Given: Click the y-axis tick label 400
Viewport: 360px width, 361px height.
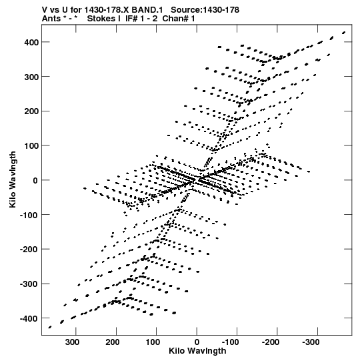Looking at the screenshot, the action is click(x=31, y=42).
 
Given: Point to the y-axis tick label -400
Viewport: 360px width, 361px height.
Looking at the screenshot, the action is click(x=29, y=319).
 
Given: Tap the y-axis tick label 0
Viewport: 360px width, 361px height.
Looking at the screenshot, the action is click(x=35, y=180).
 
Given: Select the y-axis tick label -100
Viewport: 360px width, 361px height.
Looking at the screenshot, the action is click(x=29, y=215).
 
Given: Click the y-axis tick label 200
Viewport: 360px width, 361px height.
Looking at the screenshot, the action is click(x=31, y=111).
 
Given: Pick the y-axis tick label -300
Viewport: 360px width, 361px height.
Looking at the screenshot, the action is click(x=29, y=284).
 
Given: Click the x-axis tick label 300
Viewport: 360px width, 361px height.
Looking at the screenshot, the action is click(x=72, y=342).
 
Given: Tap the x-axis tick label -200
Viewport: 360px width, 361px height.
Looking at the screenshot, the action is click(x=271, y=342).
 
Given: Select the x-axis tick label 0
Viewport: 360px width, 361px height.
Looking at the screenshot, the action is click(x=197, y=342).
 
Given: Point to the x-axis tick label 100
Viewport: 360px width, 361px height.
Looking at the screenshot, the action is click(x=153, y=342).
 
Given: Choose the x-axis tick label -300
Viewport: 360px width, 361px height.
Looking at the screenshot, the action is click(x=311, y=342).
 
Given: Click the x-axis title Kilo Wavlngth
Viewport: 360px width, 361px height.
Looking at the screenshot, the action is click(x=197, y=350).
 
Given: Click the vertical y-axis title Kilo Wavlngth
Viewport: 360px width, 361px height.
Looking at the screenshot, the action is click(x=13, y=179).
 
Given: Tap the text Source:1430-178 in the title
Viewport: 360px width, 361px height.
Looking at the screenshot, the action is click(x=205, y=10).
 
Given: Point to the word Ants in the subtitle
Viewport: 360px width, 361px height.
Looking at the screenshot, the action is click(x=51, y=19).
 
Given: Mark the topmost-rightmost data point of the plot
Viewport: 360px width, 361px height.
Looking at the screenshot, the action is click(x=344, y=33).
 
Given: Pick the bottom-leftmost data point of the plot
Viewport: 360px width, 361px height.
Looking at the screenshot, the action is click(x=50, y=327).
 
